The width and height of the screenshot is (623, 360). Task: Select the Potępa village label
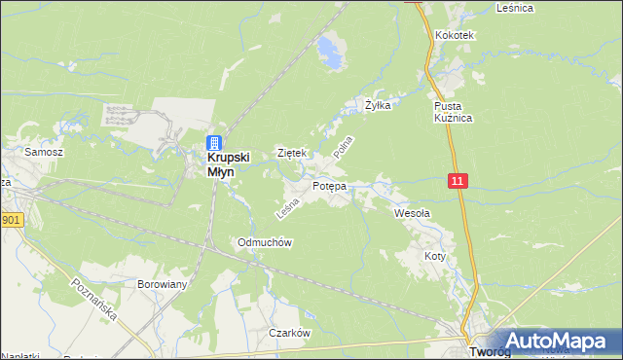click(x=329, y=186)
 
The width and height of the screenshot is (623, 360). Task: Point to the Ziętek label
click(x=292, y=153)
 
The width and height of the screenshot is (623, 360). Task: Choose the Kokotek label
click(x=455, y=35)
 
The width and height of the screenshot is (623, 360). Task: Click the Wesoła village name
click(x=412, y=212)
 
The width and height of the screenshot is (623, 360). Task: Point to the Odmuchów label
click(x=266, y=242)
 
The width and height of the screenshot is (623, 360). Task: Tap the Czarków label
click(x=289, y=333)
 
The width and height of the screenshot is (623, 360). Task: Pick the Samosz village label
click(x=44, y=153)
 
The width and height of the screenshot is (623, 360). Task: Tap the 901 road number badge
click(x=10, y=221)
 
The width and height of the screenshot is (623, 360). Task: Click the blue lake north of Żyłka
click(x=333, y=51)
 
